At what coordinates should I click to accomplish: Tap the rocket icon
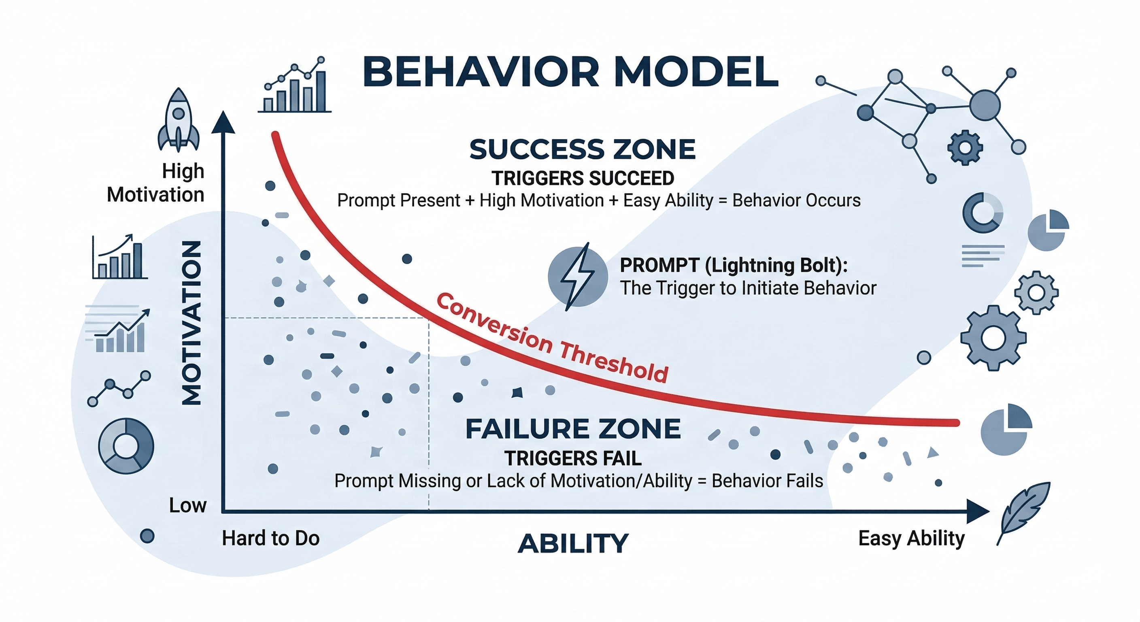tap(179, 119)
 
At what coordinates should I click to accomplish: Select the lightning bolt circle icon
tap(578, 275)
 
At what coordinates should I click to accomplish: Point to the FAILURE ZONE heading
tap(573, 429)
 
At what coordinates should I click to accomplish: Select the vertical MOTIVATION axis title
tap(192, 323)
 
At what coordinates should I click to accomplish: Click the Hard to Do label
tap(270, 538)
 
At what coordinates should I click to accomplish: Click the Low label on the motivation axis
tap(188, 505)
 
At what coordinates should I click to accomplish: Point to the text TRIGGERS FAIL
tap(573, 458)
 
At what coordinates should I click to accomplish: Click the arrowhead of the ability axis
tap(978, 512)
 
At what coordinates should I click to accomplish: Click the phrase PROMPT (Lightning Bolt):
tap(734, 266)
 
